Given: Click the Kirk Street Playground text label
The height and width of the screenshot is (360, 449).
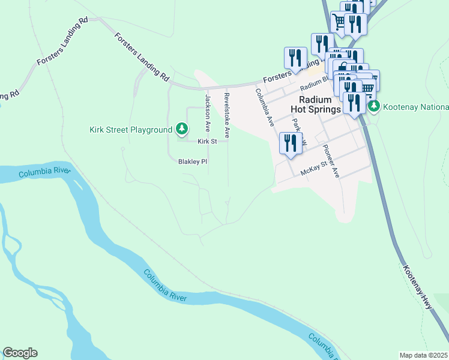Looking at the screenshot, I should coord(131,130).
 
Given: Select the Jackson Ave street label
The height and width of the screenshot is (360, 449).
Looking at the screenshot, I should coord(208,113).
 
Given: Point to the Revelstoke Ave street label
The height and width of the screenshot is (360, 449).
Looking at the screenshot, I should coord(226,115).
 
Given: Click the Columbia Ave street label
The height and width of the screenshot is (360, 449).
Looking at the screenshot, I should coord(265,107).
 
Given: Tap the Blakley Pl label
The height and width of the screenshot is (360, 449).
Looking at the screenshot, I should coord(192,162).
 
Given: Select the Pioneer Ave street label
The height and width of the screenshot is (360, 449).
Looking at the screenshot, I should coord(331,162).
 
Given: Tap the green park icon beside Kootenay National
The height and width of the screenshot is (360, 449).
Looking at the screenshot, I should coord(375,106).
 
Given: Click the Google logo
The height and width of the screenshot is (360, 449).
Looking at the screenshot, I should coord(20,353).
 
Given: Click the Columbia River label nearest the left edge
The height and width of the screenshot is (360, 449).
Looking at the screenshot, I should coord(44,173).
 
